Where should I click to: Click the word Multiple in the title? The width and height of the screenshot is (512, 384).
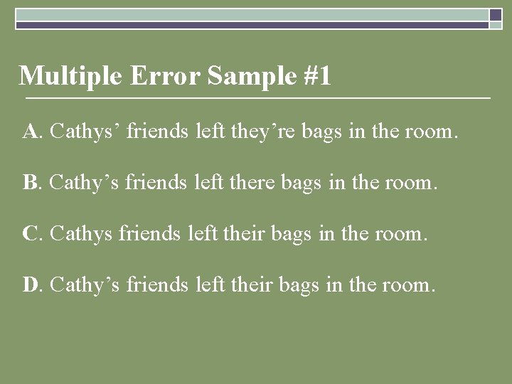click(71, 75)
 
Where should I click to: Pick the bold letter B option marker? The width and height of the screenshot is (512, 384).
click(30, 183)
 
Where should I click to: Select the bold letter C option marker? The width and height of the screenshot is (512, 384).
click(31, 234)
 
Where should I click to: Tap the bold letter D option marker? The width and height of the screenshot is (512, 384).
click(31, 285)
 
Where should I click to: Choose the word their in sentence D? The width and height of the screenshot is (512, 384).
click(248, 285)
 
